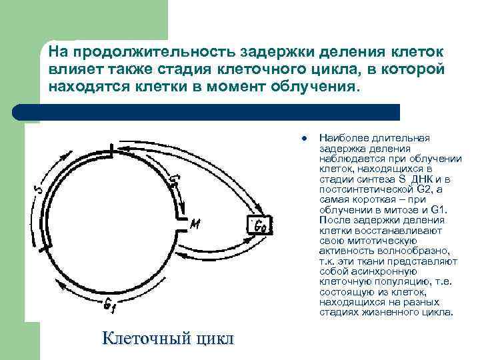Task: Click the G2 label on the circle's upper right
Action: pos(175,181)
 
